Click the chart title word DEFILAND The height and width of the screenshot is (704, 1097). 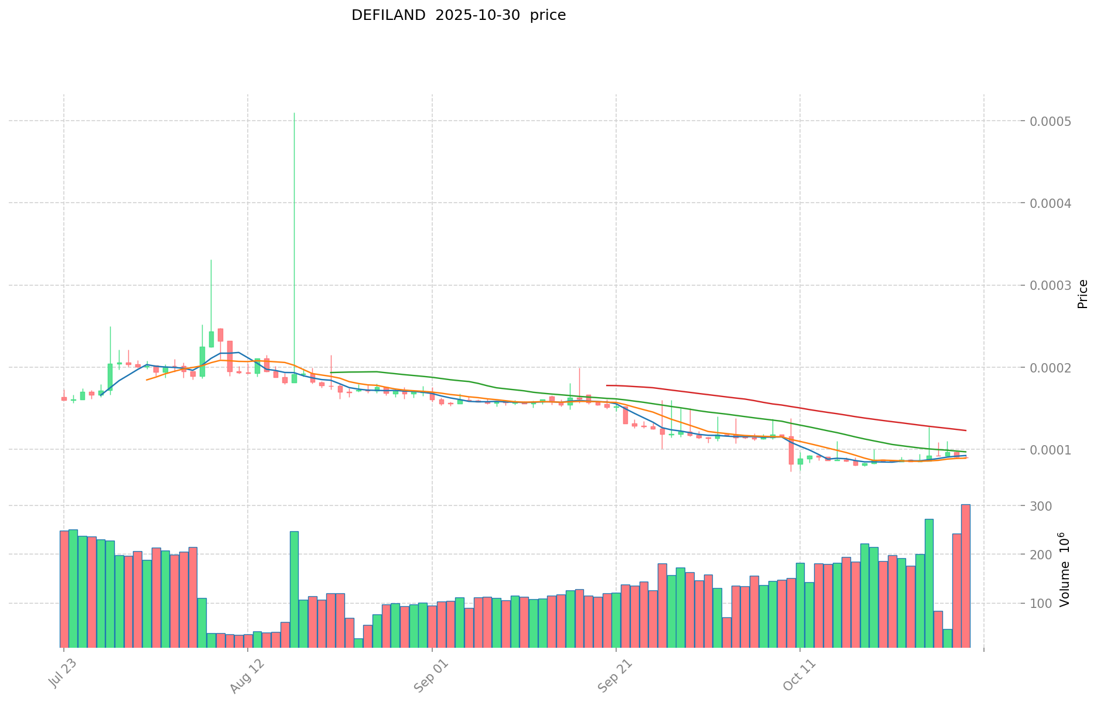click(x=388, y=16)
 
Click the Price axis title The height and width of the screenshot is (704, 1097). click(x=1082, y=294)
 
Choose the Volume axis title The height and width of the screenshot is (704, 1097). click(x=1064, y=569)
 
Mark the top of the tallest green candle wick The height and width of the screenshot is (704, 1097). click(x=294, y=113)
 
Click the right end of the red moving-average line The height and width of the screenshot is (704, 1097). click(x=966, y=430)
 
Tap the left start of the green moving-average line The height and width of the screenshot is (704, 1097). click(x=331, y=372)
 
